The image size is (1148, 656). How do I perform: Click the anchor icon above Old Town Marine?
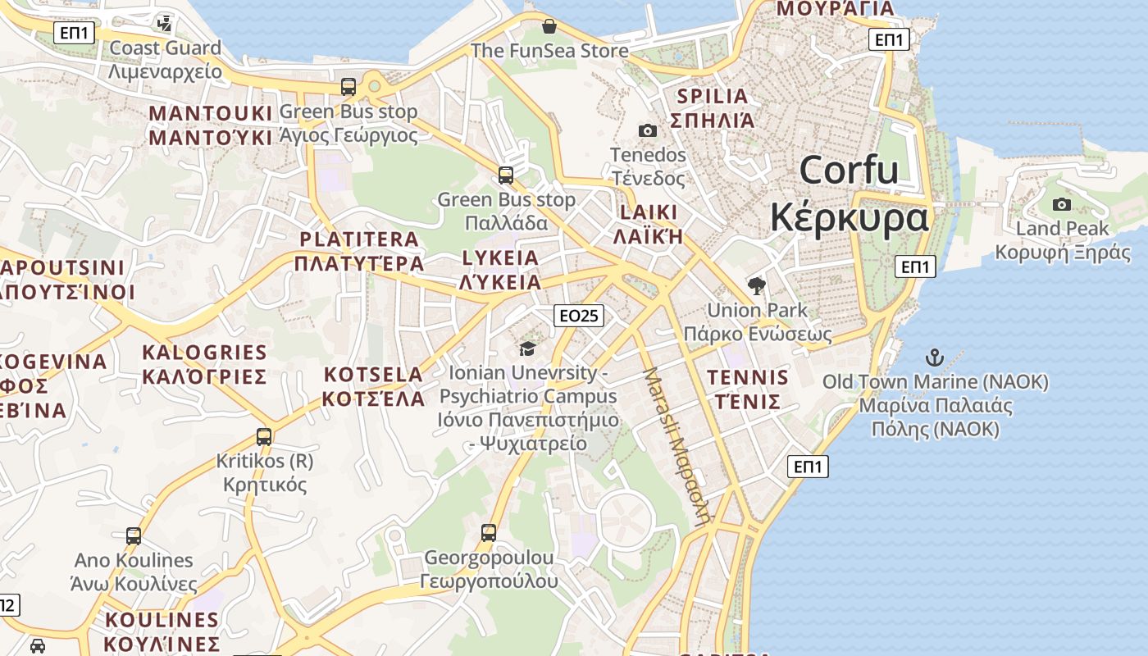pyautogui.click(x=934, y=358)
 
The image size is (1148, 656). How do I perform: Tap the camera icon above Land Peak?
pyautogui.click(x=1062, y=204)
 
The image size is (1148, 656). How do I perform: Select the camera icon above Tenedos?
pyautogui.click(x=647, y=130)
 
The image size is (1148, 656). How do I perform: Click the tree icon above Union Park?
pyautogui.click(x=756, y=286)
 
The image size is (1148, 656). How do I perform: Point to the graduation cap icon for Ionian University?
pyautogui.click(x=527, y=348)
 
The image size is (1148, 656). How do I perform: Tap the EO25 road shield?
pyautogui.click(x=579, y=316)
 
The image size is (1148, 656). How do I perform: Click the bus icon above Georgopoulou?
pyautogui.click(x=489, y=533)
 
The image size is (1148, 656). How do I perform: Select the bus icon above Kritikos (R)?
pyautogui.click(x=264, y=437)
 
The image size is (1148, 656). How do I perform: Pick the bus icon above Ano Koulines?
pyautogui.click(x=134, y=536)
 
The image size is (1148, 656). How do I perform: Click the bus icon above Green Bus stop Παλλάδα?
pyautogui.click(x=506, y=175)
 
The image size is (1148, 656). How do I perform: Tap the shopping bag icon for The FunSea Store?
pyautogui.click(x=549, y=26)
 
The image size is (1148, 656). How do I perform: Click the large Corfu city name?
pyautogui.click(x=849, y=171)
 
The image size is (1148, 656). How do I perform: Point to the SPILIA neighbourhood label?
pyautogui.click(x=712, y=96)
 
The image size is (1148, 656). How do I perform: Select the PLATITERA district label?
pyautogui.click(x=359, y=239)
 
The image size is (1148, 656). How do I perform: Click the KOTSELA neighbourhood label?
pyautogui.click(x=373, y=375)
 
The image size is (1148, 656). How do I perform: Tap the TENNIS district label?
pyautogui.click(x=747, y=378)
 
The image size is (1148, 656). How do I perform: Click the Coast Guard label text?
pyautogui.click(x=166, y=48)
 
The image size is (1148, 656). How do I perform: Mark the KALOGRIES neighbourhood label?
pyautogui.click(x=204, y=353)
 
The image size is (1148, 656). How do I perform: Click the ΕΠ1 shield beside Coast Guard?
pyautogui.click(x=75, y=33)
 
